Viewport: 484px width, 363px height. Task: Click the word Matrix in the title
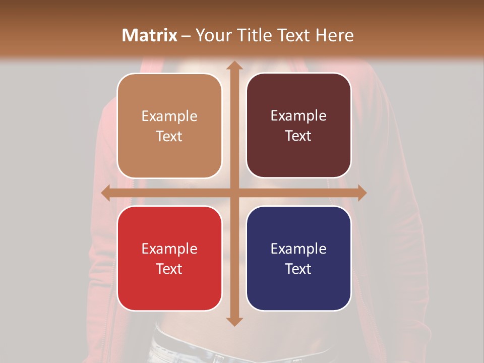(149, 35)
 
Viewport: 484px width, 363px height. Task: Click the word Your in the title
(211, 35)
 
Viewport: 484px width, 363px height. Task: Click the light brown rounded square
(169, 126)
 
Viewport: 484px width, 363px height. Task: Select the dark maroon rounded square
(298, 126)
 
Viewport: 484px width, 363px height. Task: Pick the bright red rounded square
(169, 258)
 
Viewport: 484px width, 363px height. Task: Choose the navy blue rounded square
(298, 258)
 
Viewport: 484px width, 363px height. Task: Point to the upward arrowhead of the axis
(234, 65)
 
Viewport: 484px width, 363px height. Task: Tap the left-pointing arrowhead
(106, 193)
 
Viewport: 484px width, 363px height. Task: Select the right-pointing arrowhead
(361, 193)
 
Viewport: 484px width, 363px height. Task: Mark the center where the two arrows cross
(234, 193)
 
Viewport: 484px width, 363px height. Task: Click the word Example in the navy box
(298, 249)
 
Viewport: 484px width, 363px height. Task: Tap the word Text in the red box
(169, 269)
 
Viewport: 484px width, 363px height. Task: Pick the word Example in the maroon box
(298, 115)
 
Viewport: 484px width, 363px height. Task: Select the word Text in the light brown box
(169, 136)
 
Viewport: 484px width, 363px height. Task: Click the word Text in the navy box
(298, 269)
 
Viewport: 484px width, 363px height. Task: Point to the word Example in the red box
(169, 249)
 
